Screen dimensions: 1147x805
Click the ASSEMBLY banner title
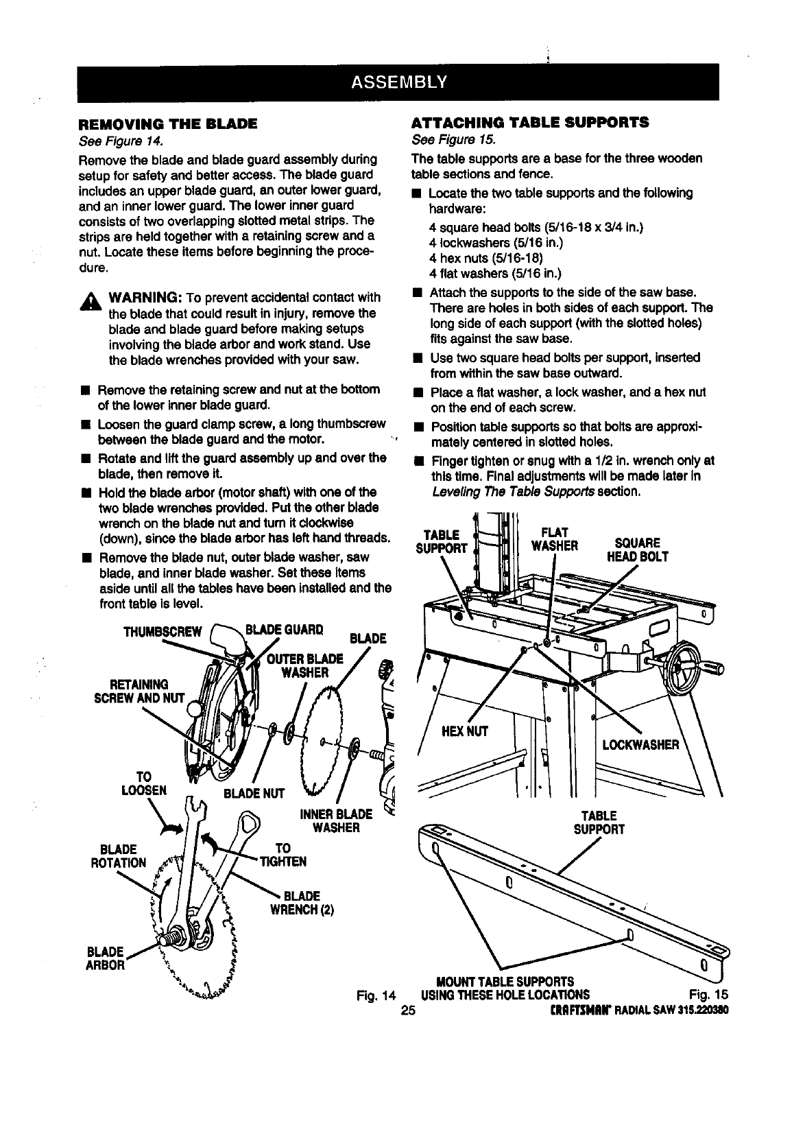(x=398, y=82)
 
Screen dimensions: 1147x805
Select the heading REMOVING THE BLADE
(x=168, y=124)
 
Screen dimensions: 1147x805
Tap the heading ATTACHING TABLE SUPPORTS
(x=529, y=123)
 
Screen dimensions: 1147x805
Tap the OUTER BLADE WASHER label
(x=304, y=665)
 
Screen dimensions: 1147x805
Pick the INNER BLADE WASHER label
(x=336, y=821)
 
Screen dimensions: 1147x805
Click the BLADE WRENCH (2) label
(x=308, y=903)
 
